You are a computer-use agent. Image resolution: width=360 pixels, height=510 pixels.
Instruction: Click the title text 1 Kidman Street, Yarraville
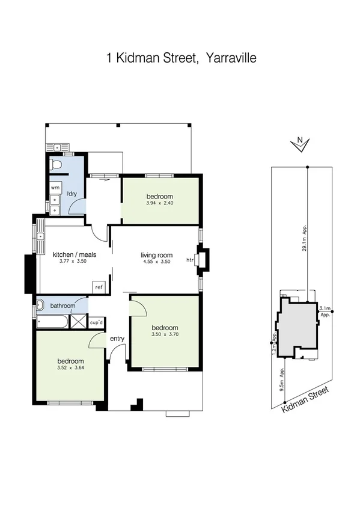pyautogui.click(x=181, y=58)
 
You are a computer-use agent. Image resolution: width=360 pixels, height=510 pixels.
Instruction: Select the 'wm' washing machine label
pyautogui.click(x=55, y=188)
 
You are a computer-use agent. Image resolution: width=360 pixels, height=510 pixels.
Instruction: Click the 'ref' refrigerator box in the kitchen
pyautogui.click(x=99, y=287)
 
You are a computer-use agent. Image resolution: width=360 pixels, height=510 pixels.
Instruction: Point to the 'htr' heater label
pyautogui.click(x=189, y=260)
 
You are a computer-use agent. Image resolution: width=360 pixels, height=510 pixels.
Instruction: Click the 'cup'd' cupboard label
pyautogui.click(x=96, y=322)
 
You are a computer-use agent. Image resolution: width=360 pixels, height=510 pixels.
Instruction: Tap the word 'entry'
pyautogui.click(x=117, y=339)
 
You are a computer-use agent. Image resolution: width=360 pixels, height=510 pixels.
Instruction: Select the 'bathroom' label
pyautogui.click(x=63, y=306)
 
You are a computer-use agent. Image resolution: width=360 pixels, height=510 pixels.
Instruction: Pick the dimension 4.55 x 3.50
pyautogui.click(x=156, y=262)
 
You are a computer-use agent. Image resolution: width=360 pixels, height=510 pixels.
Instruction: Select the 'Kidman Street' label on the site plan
pyautogui.click(x=306, y=400)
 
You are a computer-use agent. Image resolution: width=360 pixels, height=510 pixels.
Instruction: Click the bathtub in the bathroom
pyautogui.click(x=51, y=322)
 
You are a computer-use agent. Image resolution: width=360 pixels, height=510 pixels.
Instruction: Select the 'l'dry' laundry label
pyautogui.click(x=72, y=193)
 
